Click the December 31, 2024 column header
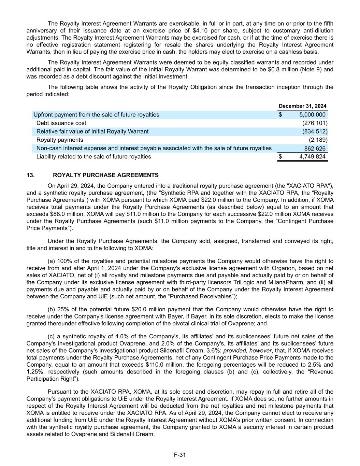[302, 106]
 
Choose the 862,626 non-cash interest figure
[315, 149]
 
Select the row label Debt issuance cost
[61, 123]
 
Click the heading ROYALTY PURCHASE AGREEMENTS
[106, 175]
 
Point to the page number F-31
[180, 455]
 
